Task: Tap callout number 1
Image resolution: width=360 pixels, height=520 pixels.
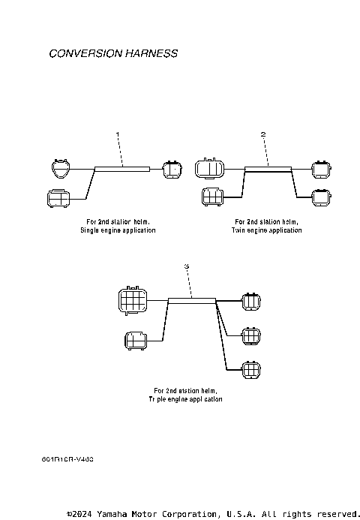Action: pyautogui.click(x=118, y=134)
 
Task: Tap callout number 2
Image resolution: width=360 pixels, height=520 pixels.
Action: pyautogui.click(x=263, y=134)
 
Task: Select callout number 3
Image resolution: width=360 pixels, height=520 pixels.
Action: pyautogui.click(x=186, y=266)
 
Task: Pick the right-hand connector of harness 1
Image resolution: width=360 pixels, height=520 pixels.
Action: pyautogui.click(x=172, y=168)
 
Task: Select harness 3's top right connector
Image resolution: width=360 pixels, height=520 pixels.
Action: pyautogui.click(x=250, y=301)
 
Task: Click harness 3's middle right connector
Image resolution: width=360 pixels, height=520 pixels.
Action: pyautogui.click(x=250, y=335)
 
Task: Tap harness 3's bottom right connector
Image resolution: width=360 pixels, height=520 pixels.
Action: pyautogui.click(x=250, y=369)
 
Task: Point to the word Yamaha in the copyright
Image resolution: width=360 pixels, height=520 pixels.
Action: pyautogui.click(x=111, y=514)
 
